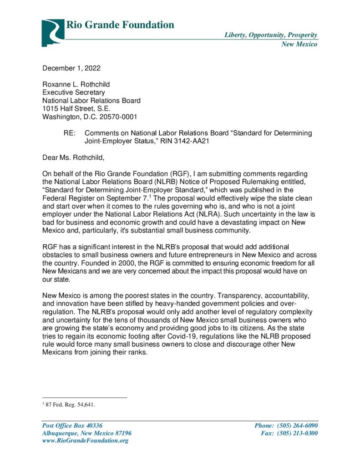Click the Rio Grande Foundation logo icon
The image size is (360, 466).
53,32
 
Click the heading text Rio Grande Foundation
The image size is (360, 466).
120,25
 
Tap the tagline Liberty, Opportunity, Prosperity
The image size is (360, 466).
271,35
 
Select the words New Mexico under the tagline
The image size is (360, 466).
299,44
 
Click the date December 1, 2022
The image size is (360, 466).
71,69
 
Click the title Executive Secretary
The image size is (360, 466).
74,92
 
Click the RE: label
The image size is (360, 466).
69,133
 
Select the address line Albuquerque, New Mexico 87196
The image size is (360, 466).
87,433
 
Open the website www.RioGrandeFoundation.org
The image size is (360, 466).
85,441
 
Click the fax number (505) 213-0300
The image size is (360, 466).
298,433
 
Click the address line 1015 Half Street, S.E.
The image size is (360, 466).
76,108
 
